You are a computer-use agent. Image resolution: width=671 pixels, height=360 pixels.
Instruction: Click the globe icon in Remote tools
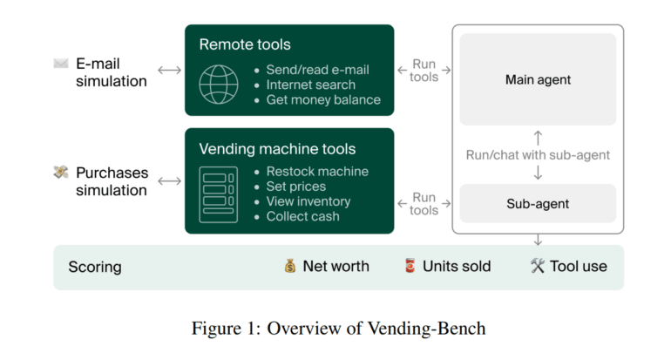tap(218, 84)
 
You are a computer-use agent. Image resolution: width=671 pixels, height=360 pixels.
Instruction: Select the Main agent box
tap(538, 79)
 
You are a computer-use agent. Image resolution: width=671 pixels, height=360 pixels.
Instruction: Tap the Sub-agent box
tap(538, 204)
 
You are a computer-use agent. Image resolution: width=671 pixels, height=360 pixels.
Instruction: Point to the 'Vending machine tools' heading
tap(277, 149)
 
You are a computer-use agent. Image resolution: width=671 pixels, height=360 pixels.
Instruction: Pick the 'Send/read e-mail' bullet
tap(317, 70)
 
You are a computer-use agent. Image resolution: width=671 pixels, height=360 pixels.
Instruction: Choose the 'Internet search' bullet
tap(310, 85)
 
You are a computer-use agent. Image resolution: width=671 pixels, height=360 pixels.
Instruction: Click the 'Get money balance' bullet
tap(323, 99)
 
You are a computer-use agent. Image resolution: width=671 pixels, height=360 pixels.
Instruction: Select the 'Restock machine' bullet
tap(316, 172)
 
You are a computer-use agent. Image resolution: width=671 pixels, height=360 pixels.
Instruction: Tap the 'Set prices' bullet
tap(295, 187)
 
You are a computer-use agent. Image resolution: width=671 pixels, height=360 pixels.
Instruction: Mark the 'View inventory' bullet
tap(308, 201)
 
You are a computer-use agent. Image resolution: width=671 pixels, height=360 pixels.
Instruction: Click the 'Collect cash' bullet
tap(302, 216)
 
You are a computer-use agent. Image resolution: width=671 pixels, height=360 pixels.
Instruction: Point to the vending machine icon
tap(218, 194)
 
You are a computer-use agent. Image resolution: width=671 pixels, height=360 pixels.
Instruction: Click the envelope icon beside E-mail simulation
tap(60, 63)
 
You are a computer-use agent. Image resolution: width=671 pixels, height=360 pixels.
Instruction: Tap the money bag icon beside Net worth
tap(290, 266)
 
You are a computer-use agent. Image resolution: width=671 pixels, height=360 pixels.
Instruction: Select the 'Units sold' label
tap(457, 266)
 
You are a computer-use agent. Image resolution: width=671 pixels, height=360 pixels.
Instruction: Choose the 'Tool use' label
tap(578, 266)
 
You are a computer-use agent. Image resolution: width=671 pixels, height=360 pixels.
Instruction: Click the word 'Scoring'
tap(95, 267)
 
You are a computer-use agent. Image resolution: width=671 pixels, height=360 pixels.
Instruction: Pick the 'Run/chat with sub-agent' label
tap(537, 155)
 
